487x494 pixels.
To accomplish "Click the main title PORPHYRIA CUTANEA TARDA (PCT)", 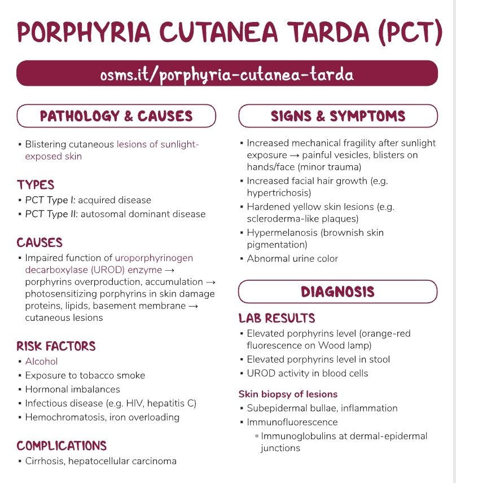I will click(229, 33).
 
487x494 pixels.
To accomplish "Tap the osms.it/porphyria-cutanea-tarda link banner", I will click(227, 74).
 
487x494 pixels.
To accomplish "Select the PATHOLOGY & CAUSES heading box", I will click(116, 116).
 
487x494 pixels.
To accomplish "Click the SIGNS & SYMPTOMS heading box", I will click(338, 116).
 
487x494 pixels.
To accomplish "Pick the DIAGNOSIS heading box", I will click(338, 292).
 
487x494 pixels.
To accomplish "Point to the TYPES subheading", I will click(36, 185).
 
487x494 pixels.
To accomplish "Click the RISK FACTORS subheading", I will click(56, 346).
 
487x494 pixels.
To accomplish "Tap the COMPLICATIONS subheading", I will click(62, 446).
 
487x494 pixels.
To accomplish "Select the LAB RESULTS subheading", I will click(277, 318).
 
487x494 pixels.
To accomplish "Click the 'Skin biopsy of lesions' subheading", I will click(288, 394).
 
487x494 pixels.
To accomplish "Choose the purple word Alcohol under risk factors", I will click(41, 361).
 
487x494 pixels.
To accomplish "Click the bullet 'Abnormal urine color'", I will click(292, 259).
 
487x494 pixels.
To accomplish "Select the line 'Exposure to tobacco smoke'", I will click(85, 376).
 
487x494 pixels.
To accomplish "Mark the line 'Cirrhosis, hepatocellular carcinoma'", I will click(100, 461).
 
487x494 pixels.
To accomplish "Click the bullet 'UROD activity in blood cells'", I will click(307, 373).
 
